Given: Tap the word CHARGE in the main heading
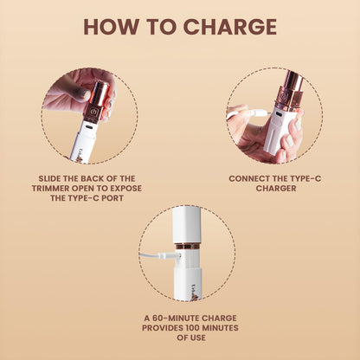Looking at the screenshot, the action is click(230, 27).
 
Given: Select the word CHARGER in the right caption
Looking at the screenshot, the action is click(276, 189).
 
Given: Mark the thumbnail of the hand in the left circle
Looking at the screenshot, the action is click(84, 94).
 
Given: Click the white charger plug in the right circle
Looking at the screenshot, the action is click(260, 112).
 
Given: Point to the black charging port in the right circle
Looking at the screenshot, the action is click(280, 115).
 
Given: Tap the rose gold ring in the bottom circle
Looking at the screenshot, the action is click(187, 246).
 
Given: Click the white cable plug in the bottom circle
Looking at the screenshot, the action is click(169, 255).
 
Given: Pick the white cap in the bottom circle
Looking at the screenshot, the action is click(187, 225).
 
